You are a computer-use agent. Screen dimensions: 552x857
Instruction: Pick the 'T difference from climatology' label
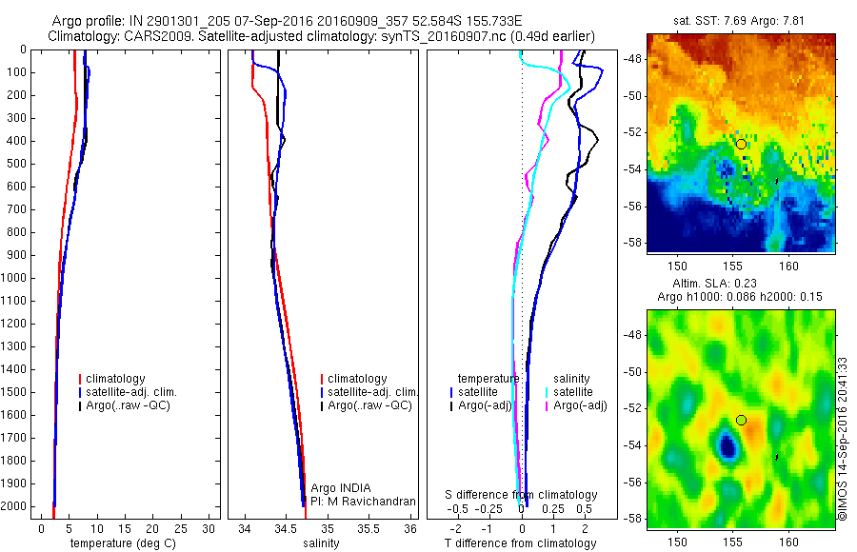point(520,543)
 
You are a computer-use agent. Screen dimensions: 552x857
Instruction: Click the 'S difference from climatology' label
point(522,496)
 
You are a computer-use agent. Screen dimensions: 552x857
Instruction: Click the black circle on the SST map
point(742,144)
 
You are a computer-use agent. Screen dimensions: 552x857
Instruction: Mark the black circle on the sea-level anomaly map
point(742,420)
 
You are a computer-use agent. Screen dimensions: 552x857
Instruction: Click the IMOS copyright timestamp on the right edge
point(843,439)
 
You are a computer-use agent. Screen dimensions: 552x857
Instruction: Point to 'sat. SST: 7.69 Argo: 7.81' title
point(741,21)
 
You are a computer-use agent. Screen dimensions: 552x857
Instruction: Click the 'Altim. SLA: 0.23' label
point(741,283)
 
